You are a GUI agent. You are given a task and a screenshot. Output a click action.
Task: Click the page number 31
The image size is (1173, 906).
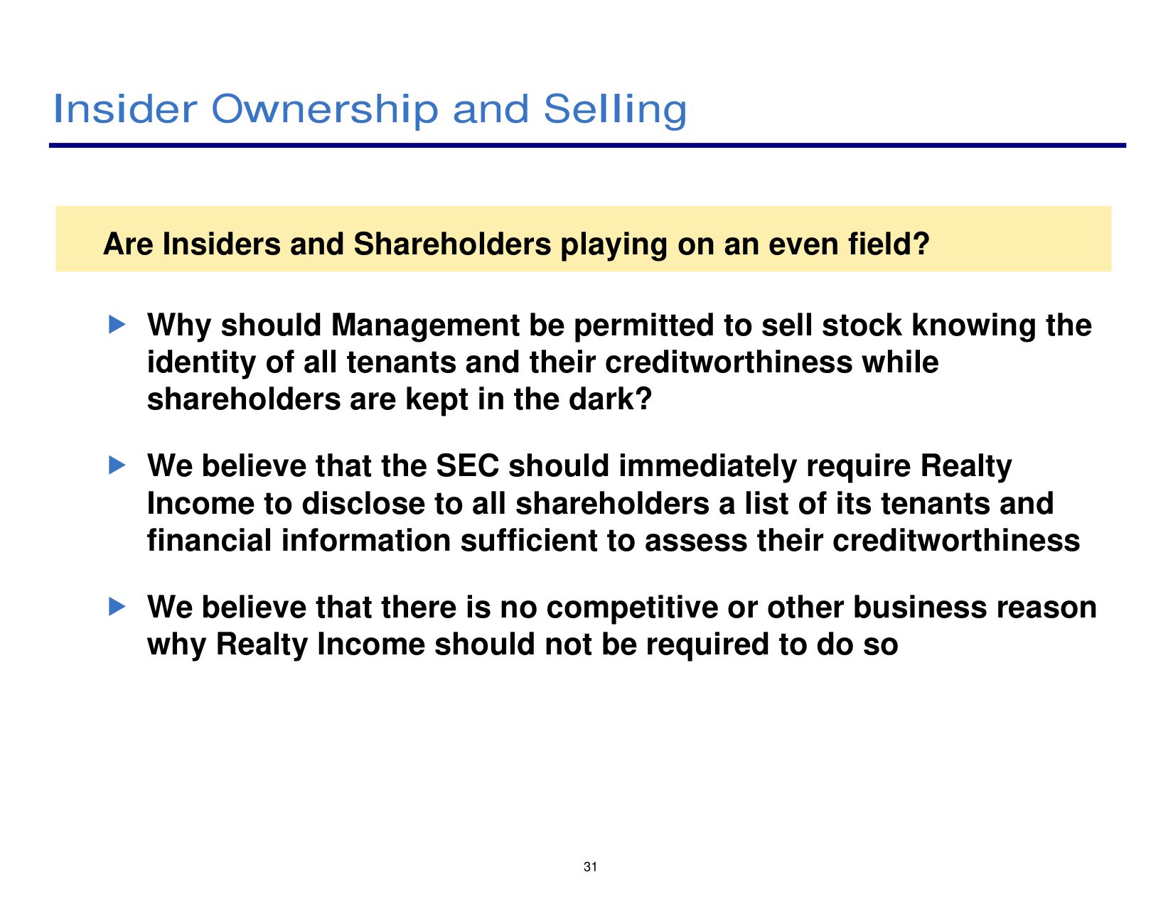tap(590, 867)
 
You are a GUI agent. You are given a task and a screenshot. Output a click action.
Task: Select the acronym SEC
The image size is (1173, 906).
tap(468, 465)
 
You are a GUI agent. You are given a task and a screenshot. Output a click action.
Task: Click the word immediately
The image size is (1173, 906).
tap(707, 468)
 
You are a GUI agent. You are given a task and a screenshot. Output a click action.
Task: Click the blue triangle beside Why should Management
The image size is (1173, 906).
tap(117, 325)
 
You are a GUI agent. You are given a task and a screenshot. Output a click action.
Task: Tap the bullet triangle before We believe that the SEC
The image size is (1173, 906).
tap(117, 465)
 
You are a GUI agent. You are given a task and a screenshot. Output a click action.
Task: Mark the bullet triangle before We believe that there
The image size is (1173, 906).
tap(117, 607)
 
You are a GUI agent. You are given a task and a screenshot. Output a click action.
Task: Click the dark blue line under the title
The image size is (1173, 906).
tap(587, 145)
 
